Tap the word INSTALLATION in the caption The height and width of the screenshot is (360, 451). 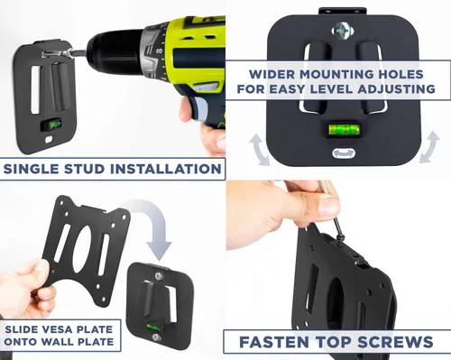click(x=166, y=169)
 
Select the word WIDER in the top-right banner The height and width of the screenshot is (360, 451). click(x=272, y=74)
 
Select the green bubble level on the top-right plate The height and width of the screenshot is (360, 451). click(x=344, y=129)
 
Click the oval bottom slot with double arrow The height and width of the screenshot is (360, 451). click(x=344, y=153)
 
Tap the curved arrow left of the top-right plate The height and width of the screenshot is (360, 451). click(x=258, y=149)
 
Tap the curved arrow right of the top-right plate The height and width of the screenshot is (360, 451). click(x=429, y=147)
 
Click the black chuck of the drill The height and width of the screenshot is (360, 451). click(x=114, y=50)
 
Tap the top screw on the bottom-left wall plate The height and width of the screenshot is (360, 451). click(x=158, y=276)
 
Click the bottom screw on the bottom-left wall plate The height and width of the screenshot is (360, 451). click(x=156, y=337)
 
